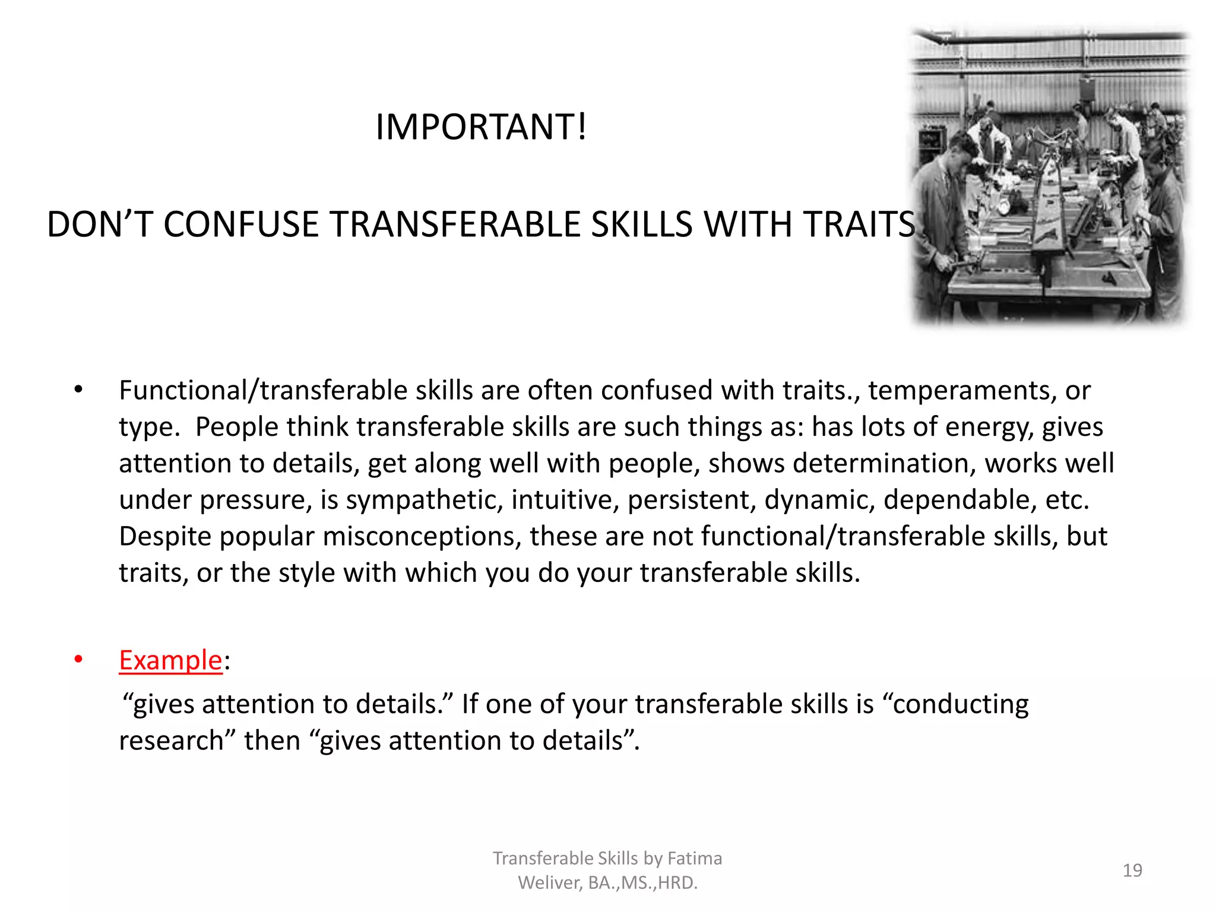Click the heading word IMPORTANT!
(x=481, y=127)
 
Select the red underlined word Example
(x=170, y=661)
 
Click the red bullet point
(x=78, y=660)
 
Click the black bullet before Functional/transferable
(x=78, y=390)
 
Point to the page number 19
(x=1132, y=870)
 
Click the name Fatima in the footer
(x=695, y=859)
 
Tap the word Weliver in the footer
(x=550, y=883)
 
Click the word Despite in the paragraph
(x=165, y=537)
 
